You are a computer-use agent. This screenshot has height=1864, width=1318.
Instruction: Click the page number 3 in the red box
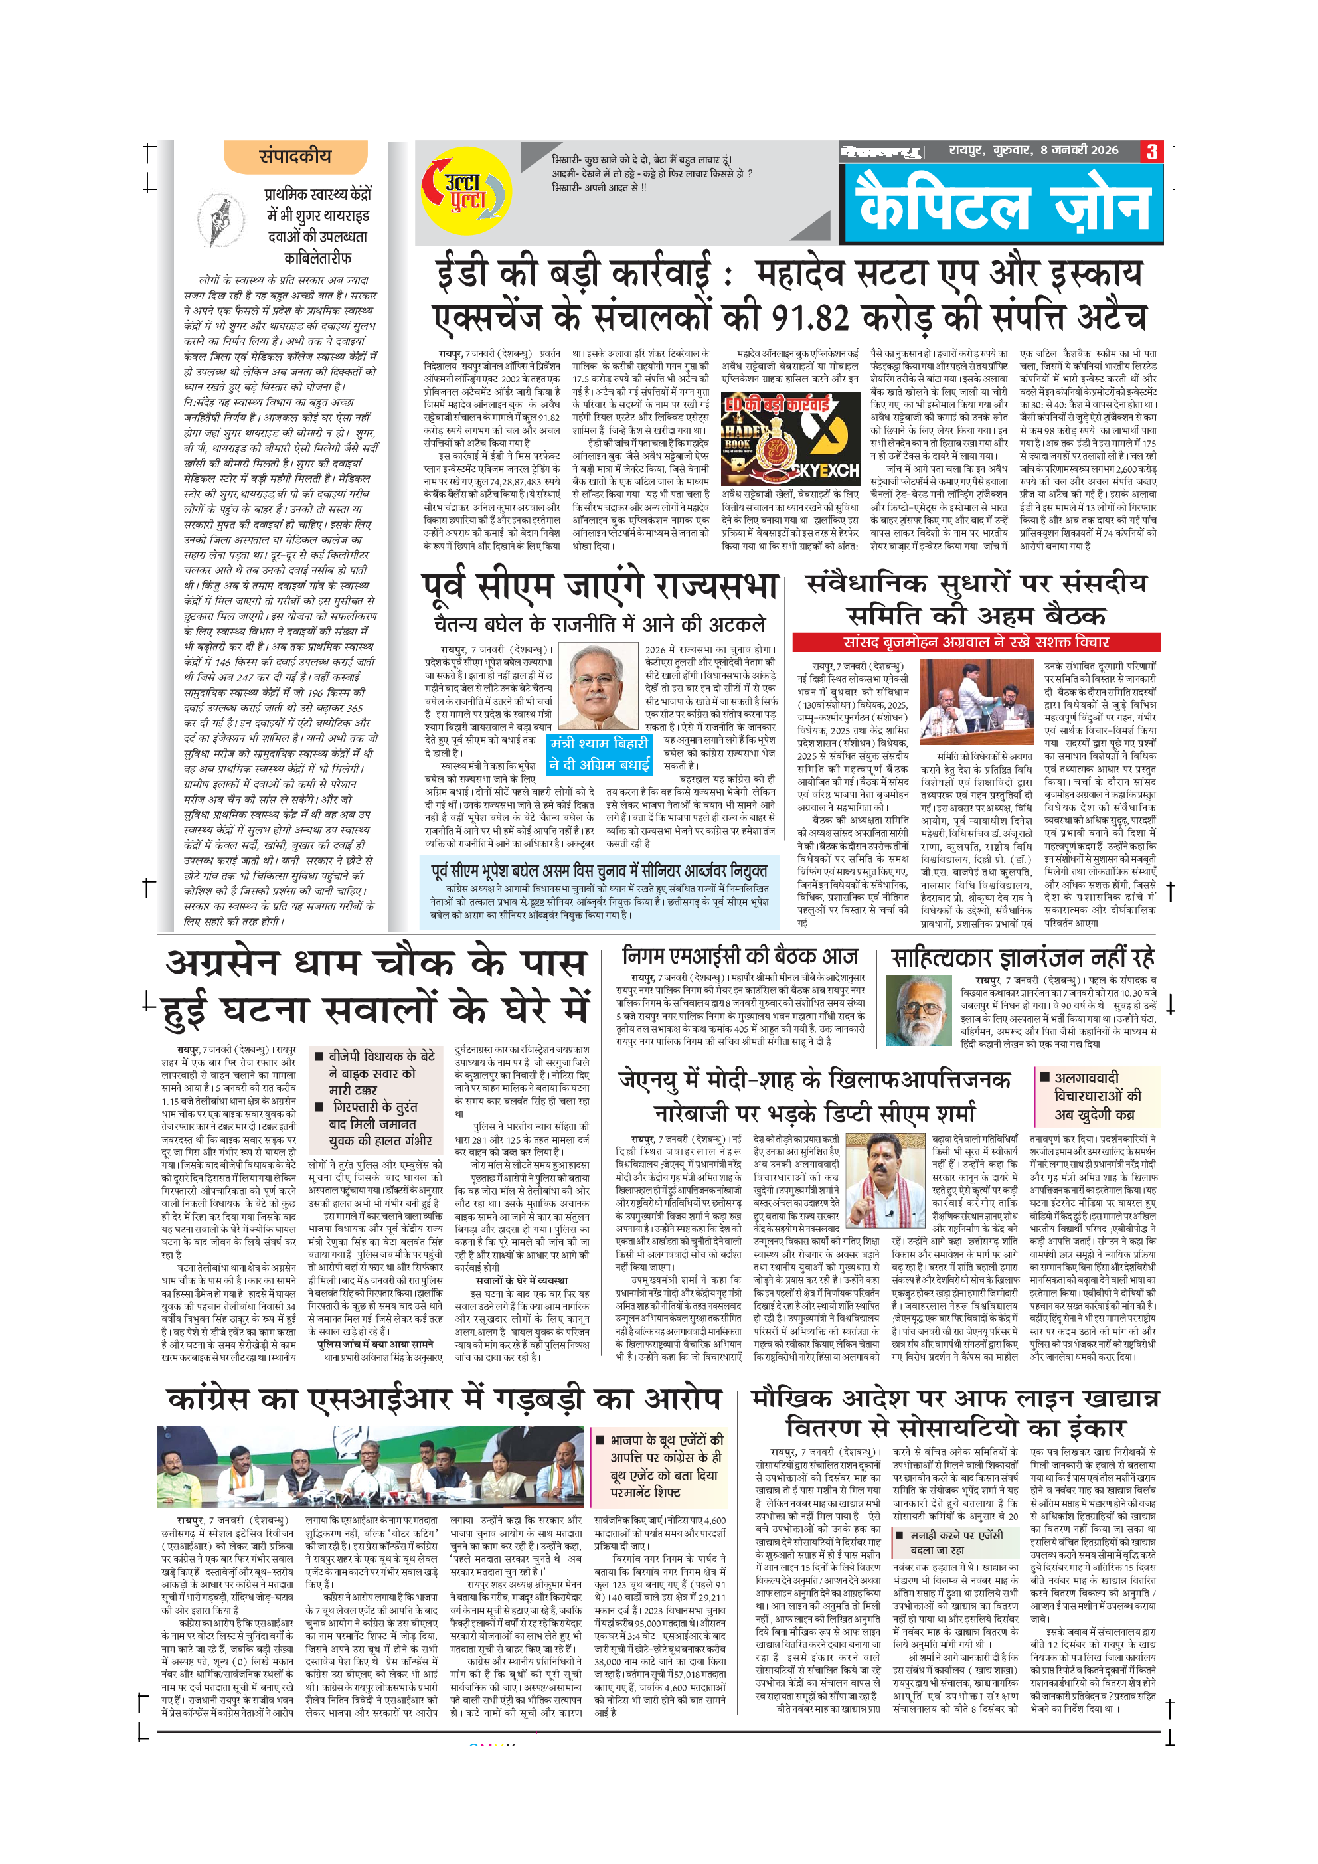[1151, 152]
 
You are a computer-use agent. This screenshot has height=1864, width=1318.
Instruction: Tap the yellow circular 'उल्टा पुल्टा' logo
[460, 193]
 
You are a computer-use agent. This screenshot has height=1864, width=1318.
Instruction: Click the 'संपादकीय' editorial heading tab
[295, 156]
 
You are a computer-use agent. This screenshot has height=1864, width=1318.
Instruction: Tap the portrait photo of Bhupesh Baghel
[598, 686]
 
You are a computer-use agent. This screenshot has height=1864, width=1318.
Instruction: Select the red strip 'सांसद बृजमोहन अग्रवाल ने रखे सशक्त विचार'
[975, 642]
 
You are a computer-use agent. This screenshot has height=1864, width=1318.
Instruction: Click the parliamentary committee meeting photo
[975, 703]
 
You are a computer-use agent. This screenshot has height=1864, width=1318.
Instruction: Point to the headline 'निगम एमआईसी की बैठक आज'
[740, 956]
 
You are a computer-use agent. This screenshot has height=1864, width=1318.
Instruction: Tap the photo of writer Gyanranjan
[918, 1009]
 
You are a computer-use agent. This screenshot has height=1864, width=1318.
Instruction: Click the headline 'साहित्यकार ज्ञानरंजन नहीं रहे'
[1023, 958]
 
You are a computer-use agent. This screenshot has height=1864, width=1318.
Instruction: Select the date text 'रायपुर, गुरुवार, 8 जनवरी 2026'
[1033, 150]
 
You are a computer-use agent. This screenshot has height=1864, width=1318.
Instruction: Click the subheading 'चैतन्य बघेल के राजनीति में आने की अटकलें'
[599, 624]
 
